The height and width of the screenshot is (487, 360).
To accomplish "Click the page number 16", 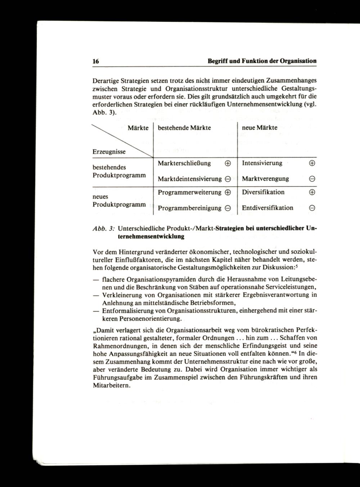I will pos(96,61).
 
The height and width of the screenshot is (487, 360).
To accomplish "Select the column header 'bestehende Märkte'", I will pos(184,128).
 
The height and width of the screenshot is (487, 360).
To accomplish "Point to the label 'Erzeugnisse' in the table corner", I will pos(109,152).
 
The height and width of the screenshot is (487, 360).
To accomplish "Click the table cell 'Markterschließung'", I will pos(184,163).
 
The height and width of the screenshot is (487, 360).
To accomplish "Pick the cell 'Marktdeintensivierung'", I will pos(190,179).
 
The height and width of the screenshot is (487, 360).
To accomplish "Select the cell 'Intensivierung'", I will pos(262,163).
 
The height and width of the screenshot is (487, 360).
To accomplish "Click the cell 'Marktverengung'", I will pos(265,179).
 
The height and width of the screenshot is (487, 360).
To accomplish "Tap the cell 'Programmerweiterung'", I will pos(190,192).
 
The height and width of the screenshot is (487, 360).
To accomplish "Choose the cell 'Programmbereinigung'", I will pos(190,208).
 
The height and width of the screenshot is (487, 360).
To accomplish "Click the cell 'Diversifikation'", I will pos(263,192).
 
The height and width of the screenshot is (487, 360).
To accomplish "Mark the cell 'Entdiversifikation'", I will pos(267,208).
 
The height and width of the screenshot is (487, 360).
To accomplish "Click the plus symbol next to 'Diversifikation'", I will pos(312,192).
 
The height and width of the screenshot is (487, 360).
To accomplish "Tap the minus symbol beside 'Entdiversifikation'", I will pos(312,208).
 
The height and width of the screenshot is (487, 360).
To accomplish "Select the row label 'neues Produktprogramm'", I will pos(119,201).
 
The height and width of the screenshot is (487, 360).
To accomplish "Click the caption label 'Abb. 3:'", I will pos(104,228).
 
